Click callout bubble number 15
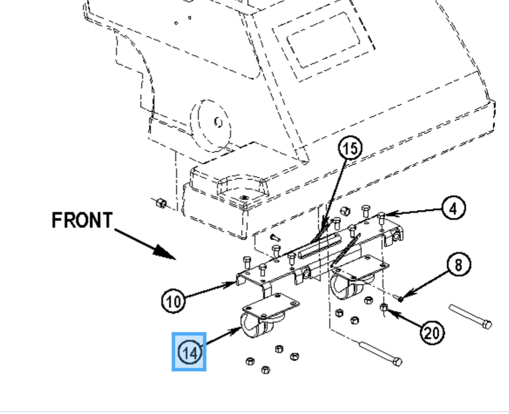(350, 148)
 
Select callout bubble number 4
(454, 208)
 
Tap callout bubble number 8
(458, 264)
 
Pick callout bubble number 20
(432, 333)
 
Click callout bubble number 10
(174, 301)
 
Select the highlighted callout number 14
(189, 352)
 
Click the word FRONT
(82, 220)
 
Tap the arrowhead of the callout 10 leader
(230, 285)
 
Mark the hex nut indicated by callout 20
(384, 307)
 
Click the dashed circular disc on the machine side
(211, 126)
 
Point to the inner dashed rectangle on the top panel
(323, 40)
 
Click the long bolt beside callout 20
(470, 316)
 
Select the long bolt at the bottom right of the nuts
(380, 354)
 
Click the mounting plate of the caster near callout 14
(271, 305)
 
